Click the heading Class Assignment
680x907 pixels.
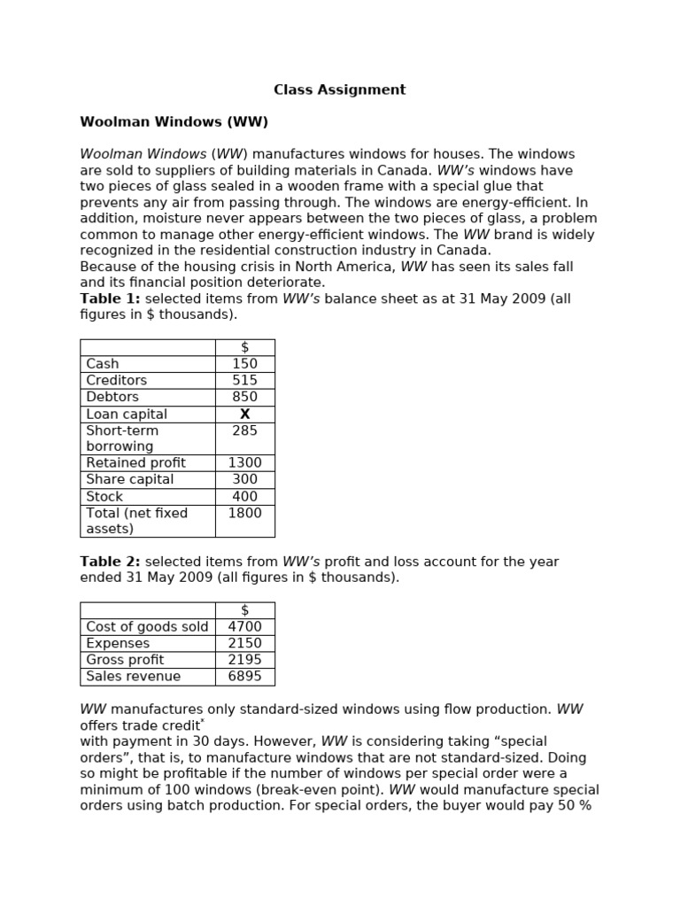[339, 89]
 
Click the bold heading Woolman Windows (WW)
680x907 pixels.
[174, 121]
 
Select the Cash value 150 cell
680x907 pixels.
[244, 364]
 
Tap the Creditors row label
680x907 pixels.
[117, 380]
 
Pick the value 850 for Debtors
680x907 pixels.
[244, 397]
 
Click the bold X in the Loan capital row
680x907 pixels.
[245, 414]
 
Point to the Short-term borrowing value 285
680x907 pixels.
[244, 430]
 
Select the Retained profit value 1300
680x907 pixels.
[244, 463]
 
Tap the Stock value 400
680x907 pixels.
[244, 497]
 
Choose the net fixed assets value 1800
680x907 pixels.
[244, 513]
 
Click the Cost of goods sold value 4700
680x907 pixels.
[244, 627]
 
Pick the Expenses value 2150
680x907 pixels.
[244, 643]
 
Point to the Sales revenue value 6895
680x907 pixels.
[244, 677]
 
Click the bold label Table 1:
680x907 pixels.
[111, 298]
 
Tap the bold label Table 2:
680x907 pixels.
[111, 562]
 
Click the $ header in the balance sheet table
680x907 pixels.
[244, 347]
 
